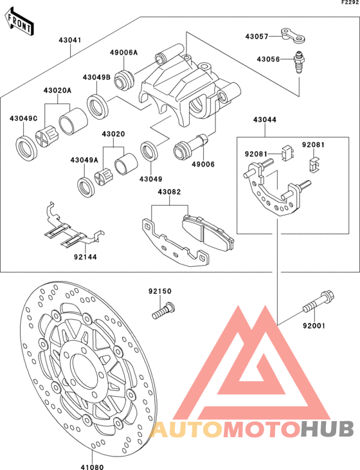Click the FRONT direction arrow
coord(19,22)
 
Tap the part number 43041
coord(70,40)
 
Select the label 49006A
coord(123,53)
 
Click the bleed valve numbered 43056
coord(298,64)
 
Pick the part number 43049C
coord(23,118)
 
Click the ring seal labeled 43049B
coord(98,107)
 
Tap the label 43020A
coord(58,90)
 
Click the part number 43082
coord(169,192)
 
